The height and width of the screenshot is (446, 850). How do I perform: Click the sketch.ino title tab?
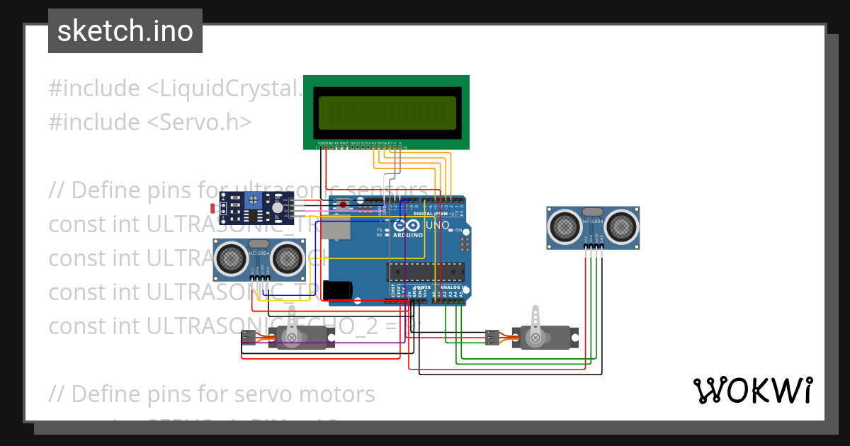coord(125,31)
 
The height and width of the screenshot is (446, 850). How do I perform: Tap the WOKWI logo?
coord(752,391)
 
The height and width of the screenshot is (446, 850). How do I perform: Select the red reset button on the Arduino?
coord(344,205)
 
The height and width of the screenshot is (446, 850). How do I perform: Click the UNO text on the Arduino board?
coord(437,226)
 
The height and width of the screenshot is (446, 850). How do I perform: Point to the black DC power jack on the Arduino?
coord(338,290)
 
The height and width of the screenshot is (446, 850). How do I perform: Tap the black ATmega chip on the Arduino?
coord(426,272)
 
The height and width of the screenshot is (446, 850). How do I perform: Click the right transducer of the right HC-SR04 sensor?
coord(620,226)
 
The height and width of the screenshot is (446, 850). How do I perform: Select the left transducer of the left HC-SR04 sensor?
coord(232,259)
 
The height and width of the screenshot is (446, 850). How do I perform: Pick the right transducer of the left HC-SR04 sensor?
coord(287,259)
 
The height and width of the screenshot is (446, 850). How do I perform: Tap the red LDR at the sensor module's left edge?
coord(213,207)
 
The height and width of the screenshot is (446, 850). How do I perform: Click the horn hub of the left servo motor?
coord(291,339)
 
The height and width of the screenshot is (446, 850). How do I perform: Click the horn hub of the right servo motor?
coord(535,338)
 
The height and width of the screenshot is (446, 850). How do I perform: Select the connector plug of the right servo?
coord(491,338)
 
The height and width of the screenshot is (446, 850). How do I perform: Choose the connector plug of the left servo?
coord(248,338)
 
